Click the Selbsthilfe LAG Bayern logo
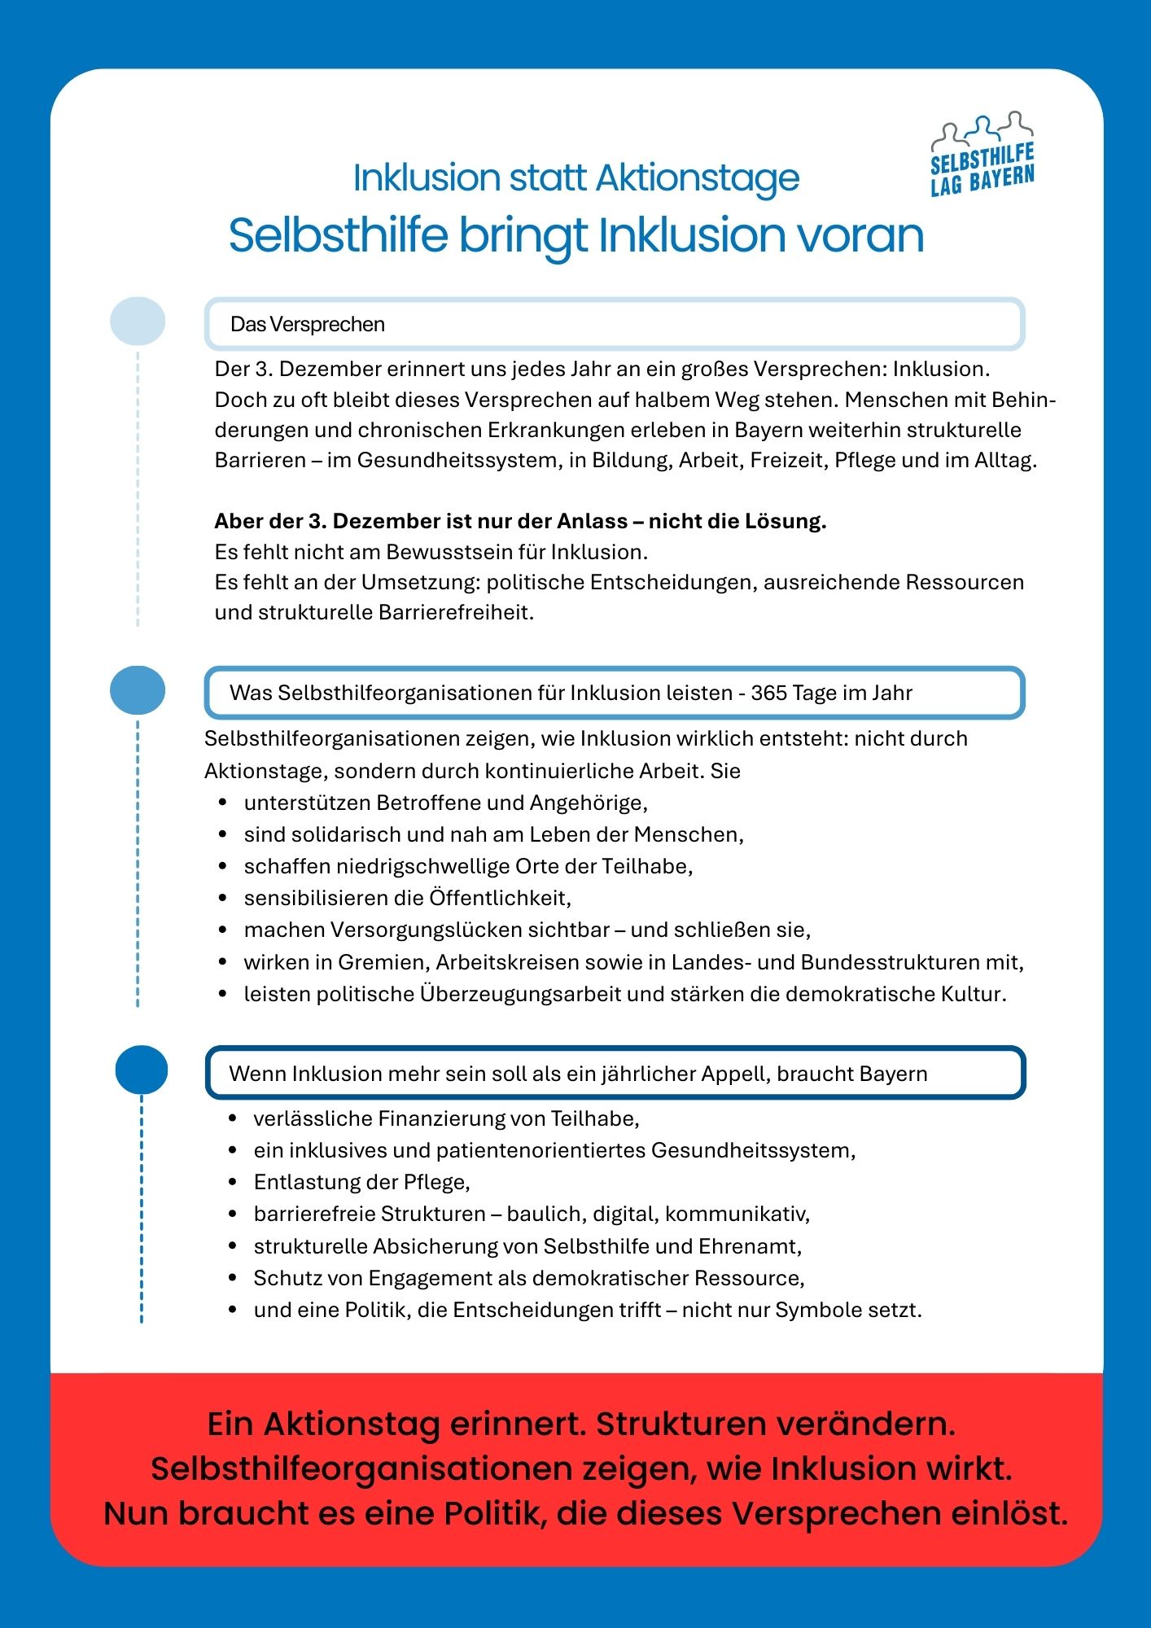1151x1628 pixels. pyautogui.click(x=983, y=155)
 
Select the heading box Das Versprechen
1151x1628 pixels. pyautogui.click(x=614, y=324)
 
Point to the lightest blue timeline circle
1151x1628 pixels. pyautogui.click(x=138, y=321)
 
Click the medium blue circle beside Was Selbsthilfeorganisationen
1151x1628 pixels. pyautogui.click(x=138, y=690)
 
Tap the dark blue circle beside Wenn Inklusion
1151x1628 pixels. pyautogui.click(x=142, y=1070)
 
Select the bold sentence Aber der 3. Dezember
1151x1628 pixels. pyautogui.click(x=520, y=521)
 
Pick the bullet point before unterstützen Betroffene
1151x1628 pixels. pyautogui.click(x=222, y=803)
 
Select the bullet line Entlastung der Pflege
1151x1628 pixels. pyautogui.click(x=361, y=1182)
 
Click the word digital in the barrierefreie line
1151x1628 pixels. pyautogui.click(x=624, y=1214)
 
